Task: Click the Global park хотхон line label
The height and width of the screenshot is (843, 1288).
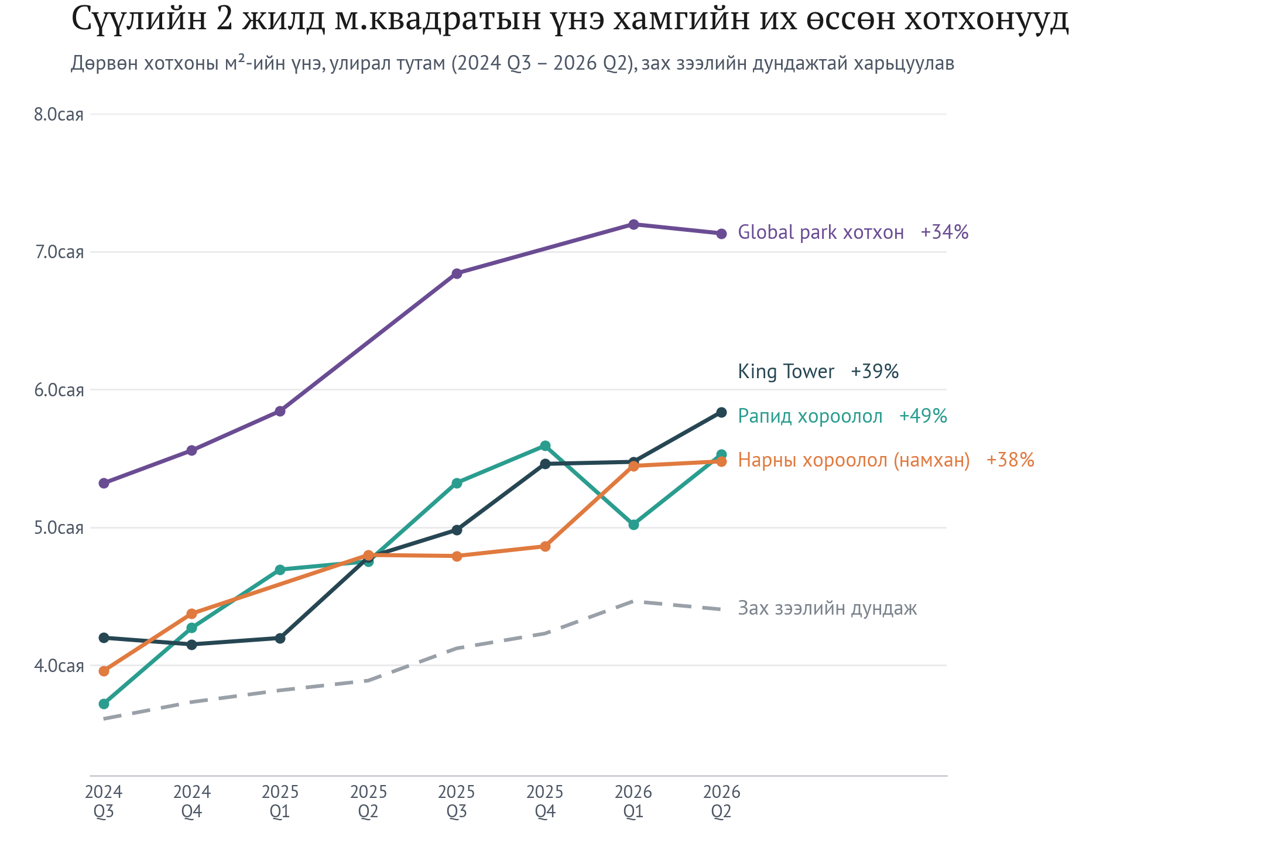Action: click(821, 232)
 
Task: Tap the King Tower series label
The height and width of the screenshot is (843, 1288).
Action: click(786, 372)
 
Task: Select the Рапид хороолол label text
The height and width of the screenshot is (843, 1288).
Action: click(810, 416)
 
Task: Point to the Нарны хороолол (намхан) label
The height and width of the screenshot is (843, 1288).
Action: click(854, 460)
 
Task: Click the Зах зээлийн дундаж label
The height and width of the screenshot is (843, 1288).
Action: click(827, 608)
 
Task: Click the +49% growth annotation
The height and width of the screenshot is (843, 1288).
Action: click(923, 416)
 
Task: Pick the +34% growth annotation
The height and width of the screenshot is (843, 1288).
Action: click(944, 232)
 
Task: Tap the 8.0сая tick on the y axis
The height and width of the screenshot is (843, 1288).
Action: click(59, 114)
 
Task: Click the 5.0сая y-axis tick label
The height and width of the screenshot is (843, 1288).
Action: click(59, 528)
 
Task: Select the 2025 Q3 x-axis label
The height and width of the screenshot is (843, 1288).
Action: click(457, 802)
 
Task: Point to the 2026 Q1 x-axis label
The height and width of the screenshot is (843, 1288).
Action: click(633, 802)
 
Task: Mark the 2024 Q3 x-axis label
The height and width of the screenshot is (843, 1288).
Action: click(104, 802)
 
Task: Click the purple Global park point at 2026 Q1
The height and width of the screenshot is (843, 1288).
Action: click(633, 225)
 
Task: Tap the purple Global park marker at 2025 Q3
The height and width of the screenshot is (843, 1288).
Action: click(457, 273)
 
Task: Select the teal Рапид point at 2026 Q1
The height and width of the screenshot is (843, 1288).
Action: click(633, 525)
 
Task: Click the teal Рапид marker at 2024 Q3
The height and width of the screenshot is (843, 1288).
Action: click(104, 704)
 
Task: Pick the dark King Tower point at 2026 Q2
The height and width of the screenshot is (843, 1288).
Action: click(721, 413)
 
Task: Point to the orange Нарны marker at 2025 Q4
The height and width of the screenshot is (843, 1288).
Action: click(545, 547)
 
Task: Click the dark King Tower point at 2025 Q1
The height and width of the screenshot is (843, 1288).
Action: click(280, 638)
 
